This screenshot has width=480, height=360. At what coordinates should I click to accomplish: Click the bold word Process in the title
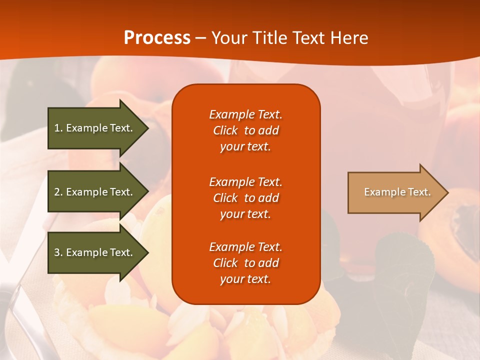pyautogui.click(x=157, y=38)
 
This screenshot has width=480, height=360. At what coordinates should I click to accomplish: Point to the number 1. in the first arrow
pyautogui.click(x=58, y=128)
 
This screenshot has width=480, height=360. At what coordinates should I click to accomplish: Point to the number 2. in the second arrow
pyautogui.click(x=58, y=192)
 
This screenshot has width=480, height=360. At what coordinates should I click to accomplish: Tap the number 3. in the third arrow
pyautogui.click(x=58, y=252)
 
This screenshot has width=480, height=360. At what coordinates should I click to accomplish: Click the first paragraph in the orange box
pyautogui.click(x=245, y=130)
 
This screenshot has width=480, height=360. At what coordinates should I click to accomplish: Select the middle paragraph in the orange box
pyautogui.click(x=245, y=198)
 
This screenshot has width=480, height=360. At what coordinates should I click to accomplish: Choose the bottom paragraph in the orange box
pyautogui.click(x=245, y=263)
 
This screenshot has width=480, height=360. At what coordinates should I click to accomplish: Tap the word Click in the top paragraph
pyautogui.click(x=225, y=130)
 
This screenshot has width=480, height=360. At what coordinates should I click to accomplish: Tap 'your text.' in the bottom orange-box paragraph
pyautogui.click(x=245, y=279)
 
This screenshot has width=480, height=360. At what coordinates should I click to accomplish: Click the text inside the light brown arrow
pyautogui.click(x=397, y=192)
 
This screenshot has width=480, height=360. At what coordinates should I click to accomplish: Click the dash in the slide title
pyautogui.click(x=200, y=38)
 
